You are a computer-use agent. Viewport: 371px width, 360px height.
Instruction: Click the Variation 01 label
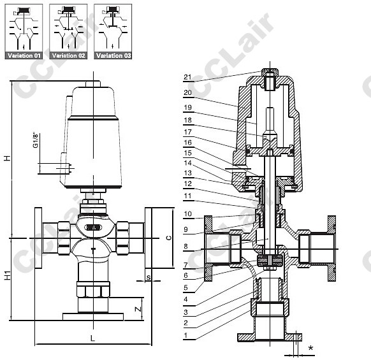click(24, 55)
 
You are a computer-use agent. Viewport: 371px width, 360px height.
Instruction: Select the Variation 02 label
click(68, 55)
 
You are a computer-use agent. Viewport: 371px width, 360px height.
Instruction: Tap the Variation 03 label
click(113, 55)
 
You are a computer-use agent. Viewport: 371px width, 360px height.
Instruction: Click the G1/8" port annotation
click(35, 141)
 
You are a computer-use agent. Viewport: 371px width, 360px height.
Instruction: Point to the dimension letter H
click(8, 158)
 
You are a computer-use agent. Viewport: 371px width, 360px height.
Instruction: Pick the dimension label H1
click(8, 275)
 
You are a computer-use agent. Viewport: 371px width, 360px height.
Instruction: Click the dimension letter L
click(93, 338)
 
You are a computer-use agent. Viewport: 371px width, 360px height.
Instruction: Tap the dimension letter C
click(169, 238)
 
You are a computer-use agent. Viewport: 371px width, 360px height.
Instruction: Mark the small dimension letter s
click(149, 277)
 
